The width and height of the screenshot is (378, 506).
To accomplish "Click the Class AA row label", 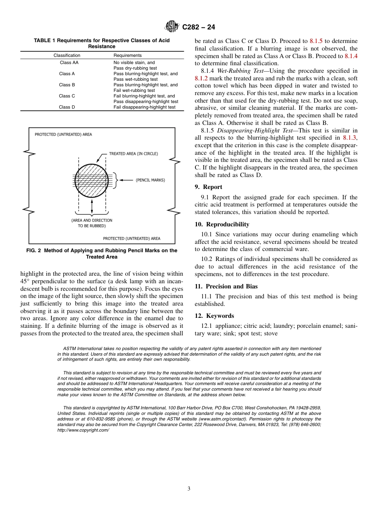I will pos(68,62).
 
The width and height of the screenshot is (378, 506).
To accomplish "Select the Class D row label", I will pos(67,107).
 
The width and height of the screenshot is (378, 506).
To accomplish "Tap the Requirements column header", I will pos(127,55).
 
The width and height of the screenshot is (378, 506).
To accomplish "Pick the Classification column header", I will pos(67,55).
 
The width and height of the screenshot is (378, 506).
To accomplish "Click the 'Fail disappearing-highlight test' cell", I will pos(144,107).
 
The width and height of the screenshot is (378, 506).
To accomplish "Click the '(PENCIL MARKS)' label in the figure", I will pos(150,180).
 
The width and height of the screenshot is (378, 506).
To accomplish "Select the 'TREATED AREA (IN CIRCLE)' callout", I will pos(133,154).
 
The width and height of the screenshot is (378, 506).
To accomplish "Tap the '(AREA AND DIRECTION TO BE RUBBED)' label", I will pos(92,223).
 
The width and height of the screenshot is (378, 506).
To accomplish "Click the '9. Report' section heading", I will pos(208,187).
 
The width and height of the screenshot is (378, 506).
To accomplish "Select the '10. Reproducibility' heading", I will pos(222,224).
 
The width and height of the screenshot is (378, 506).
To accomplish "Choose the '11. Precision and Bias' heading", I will pos(226,286).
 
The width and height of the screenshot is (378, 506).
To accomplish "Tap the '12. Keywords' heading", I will pos(214,316).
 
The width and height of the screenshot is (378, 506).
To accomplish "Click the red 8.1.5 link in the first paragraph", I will pos(316,41).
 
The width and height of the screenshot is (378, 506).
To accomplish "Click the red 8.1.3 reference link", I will pos(350,138).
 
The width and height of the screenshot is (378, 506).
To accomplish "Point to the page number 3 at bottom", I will pos(189,489).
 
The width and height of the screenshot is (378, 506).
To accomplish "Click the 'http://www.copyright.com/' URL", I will pos(83,430).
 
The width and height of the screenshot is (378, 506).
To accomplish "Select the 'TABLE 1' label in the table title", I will pos(45,41).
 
